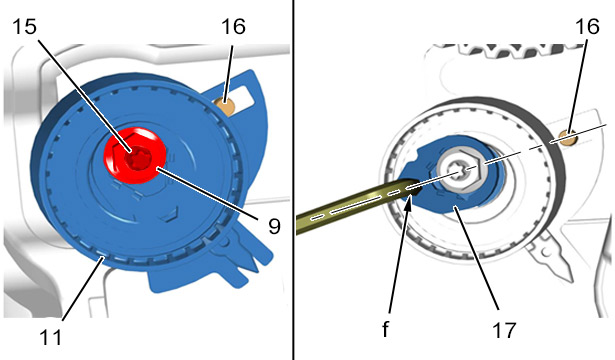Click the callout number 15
24,27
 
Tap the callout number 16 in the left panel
233,27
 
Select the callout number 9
274,226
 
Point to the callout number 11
51,337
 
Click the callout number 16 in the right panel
587,27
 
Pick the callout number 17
504,330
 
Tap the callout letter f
386,329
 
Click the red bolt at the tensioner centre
135,155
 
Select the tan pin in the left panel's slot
225,107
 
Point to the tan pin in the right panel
567,137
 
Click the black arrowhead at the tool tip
408,202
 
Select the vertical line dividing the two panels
293,180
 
